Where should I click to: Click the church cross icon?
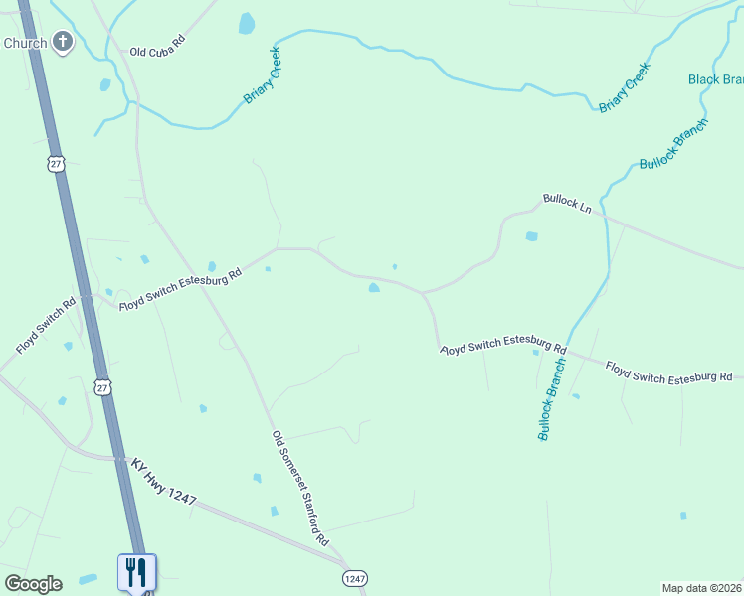click(63, 43)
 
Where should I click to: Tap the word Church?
click(25, 44)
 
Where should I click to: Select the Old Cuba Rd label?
click(158, 46)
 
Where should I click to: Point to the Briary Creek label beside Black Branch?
click(624, 87)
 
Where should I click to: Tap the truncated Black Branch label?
click(716, 79)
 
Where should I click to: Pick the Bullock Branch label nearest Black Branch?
click(673, 143)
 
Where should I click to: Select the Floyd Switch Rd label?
click(46, 327)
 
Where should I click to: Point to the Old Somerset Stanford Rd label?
click(300, 489)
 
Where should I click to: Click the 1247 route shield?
click(355, 577)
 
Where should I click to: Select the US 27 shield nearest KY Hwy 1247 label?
click(103, 386)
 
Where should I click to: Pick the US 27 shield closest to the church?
click(56, 164)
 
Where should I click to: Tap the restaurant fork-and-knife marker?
click(136, 571)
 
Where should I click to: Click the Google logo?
click(33, 584)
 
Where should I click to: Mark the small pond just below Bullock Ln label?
click(531, 236)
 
